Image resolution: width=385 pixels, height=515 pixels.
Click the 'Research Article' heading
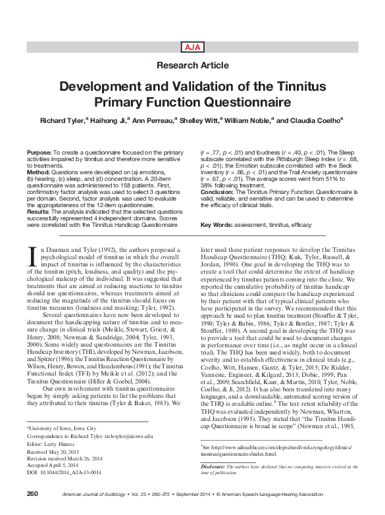[x=192, y=65]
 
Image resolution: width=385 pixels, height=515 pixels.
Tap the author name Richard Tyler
[x=65, y=121]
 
